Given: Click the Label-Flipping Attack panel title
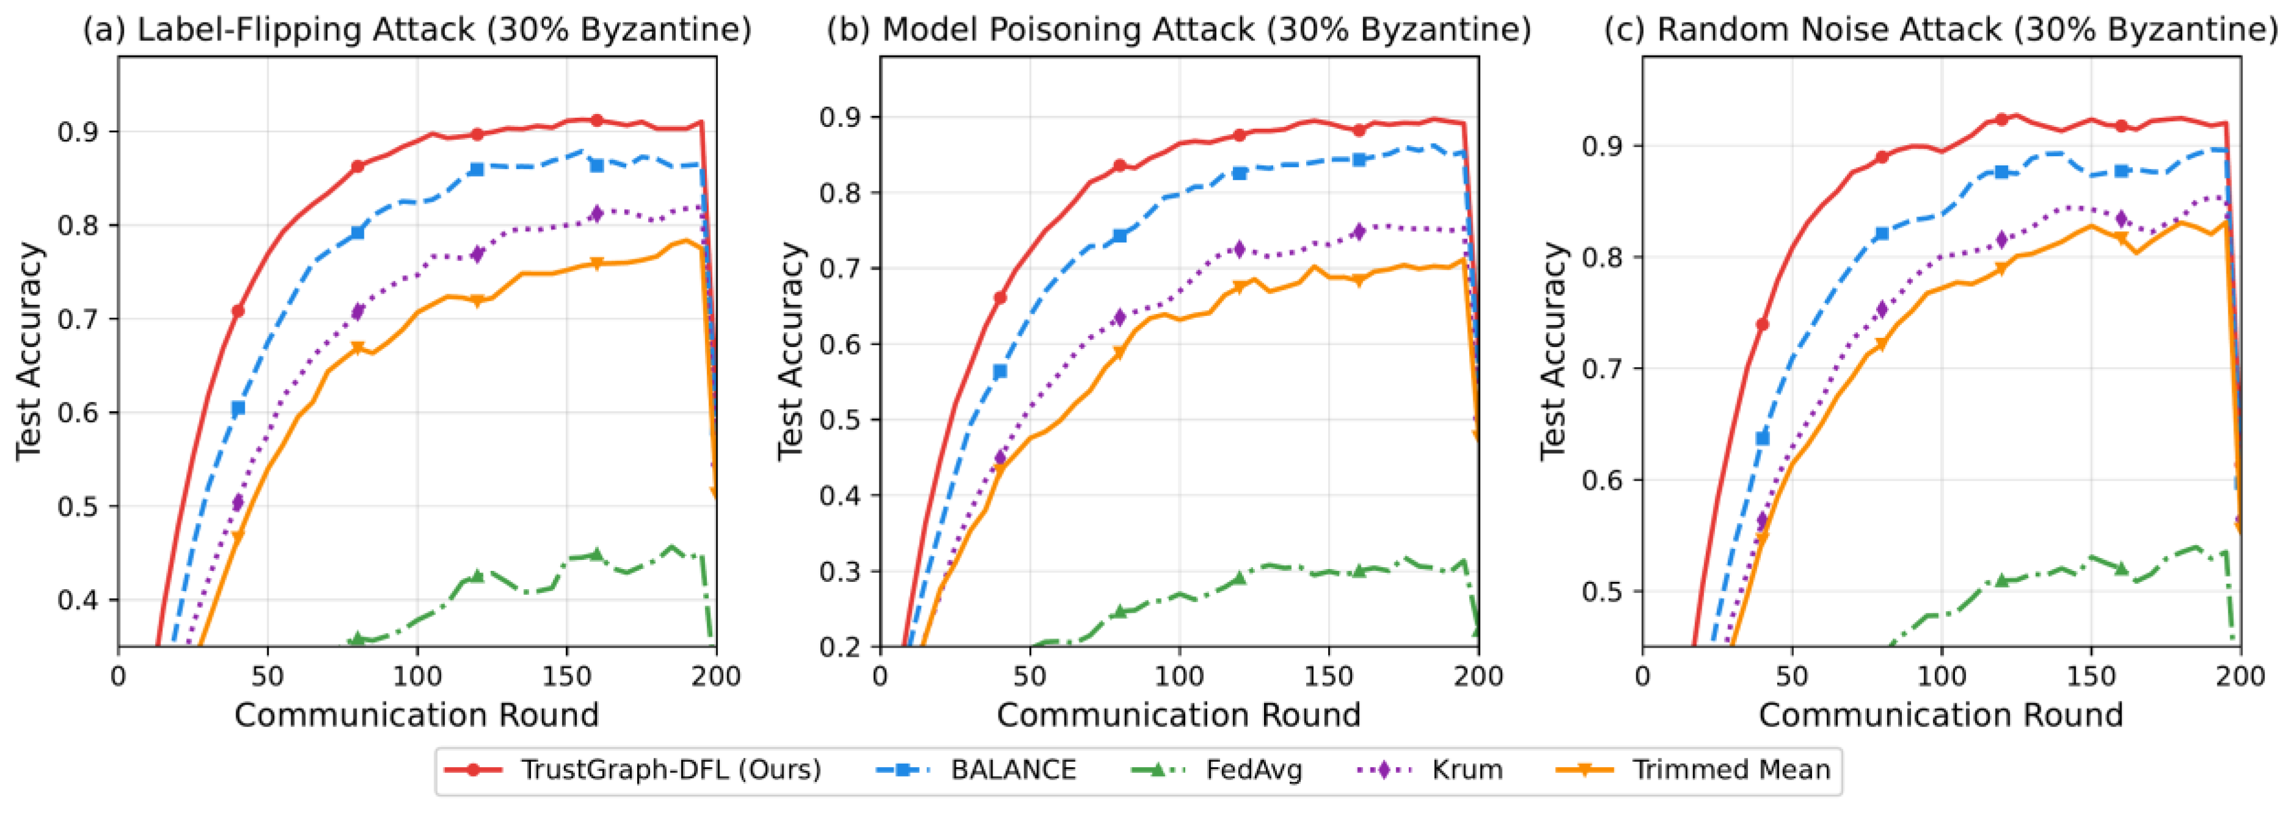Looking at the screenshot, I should (417, 29).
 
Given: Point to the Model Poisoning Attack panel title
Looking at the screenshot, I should (1179, 29).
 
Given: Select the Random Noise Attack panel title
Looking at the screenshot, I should (1941, 29).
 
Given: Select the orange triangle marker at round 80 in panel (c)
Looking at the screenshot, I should (1881, 345).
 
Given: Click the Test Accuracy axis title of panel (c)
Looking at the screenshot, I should (1554, 351).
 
